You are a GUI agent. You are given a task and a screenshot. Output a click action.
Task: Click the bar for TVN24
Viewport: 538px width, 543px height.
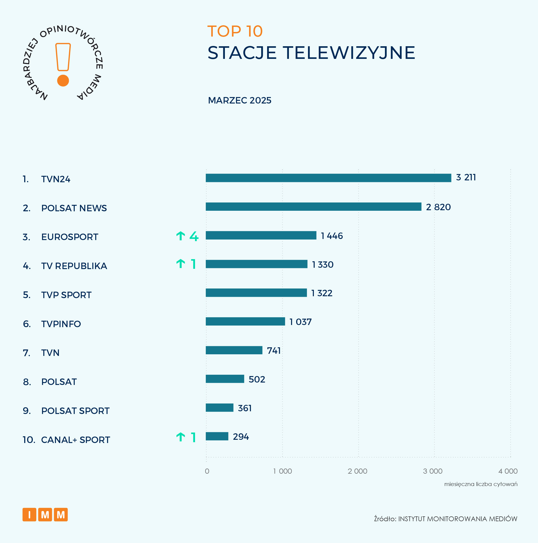[x=328, y=178]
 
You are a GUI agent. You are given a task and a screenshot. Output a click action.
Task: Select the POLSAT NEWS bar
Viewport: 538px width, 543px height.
[x=313, y=206]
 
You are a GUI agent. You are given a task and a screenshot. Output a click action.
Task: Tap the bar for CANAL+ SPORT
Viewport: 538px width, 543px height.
[x=217, y=436]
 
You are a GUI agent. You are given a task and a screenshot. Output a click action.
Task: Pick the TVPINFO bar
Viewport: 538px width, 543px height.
[x=245, y=321]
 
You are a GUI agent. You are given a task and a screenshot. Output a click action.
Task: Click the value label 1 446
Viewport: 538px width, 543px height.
[x=332, y=236]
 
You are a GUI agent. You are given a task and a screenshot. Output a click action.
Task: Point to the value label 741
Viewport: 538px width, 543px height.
[x=274, y=351]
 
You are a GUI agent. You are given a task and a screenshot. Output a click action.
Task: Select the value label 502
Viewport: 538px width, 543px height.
[x=257, y=379]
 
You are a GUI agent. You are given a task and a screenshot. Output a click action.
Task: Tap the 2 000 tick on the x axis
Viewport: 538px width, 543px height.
[x=357, y=471]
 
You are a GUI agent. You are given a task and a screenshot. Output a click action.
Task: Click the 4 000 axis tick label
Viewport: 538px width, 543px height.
[x=508, y=471]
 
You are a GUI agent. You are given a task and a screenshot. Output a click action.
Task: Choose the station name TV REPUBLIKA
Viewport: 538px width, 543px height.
[x=74, y=266]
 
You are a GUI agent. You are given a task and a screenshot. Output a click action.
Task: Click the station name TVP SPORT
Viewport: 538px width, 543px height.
[x=66, y=295]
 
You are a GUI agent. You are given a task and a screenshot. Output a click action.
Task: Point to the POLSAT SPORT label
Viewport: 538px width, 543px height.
[x=75, y=411]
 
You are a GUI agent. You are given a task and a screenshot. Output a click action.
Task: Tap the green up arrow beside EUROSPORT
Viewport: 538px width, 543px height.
[x=180, y=236]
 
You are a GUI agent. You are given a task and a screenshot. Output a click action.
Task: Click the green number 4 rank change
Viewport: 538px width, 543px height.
[x=194, y=236]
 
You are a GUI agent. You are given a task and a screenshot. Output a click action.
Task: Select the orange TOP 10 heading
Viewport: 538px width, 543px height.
[x=235, y=31]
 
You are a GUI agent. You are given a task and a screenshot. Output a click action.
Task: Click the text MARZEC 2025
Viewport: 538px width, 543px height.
[x=239, y=100]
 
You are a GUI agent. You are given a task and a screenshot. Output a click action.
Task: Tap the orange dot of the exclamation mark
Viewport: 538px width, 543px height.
[x=63, y=81]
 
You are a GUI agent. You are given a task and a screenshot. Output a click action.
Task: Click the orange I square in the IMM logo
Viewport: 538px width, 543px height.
[x=29, y=515]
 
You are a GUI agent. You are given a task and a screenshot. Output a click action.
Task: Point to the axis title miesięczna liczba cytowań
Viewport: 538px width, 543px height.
[x=480, y=484]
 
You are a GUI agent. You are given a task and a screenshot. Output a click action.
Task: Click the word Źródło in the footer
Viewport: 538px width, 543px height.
[x=384, y=519]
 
